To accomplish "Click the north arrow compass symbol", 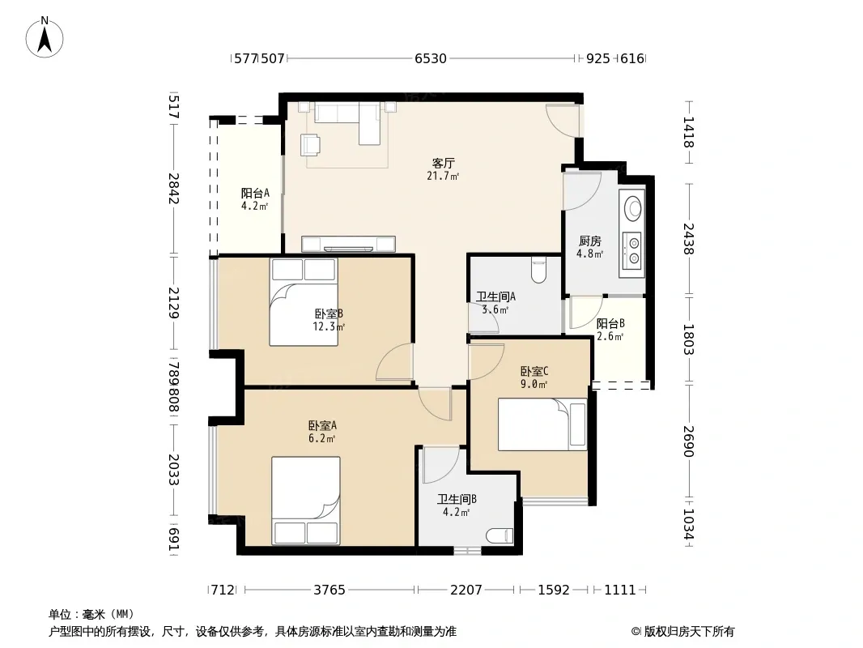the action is click(45, 37).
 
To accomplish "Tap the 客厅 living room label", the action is click(443, 164).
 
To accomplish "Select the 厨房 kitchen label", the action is click(590, 241).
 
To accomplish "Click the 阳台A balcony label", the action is click(255, 194).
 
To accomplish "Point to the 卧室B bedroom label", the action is click(329, 313).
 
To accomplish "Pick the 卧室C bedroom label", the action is click(534, 372).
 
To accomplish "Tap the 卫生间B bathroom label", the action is click(457, 499).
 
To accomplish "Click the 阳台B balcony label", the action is click(610, 323).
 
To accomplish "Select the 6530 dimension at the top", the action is click(431, 58).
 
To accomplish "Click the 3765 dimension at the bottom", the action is click(329, 590).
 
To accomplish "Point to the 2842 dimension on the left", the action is click(174, 188).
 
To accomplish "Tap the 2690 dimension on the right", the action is click(688, 441).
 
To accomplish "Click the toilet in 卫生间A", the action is click(539, 270).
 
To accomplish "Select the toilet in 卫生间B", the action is click(500, 535).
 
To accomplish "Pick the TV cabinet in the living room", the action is click(348, 244).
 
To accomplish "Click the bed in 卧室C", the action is click(542, 424).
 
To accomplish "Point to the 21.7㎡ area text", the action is click(443, 177).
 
